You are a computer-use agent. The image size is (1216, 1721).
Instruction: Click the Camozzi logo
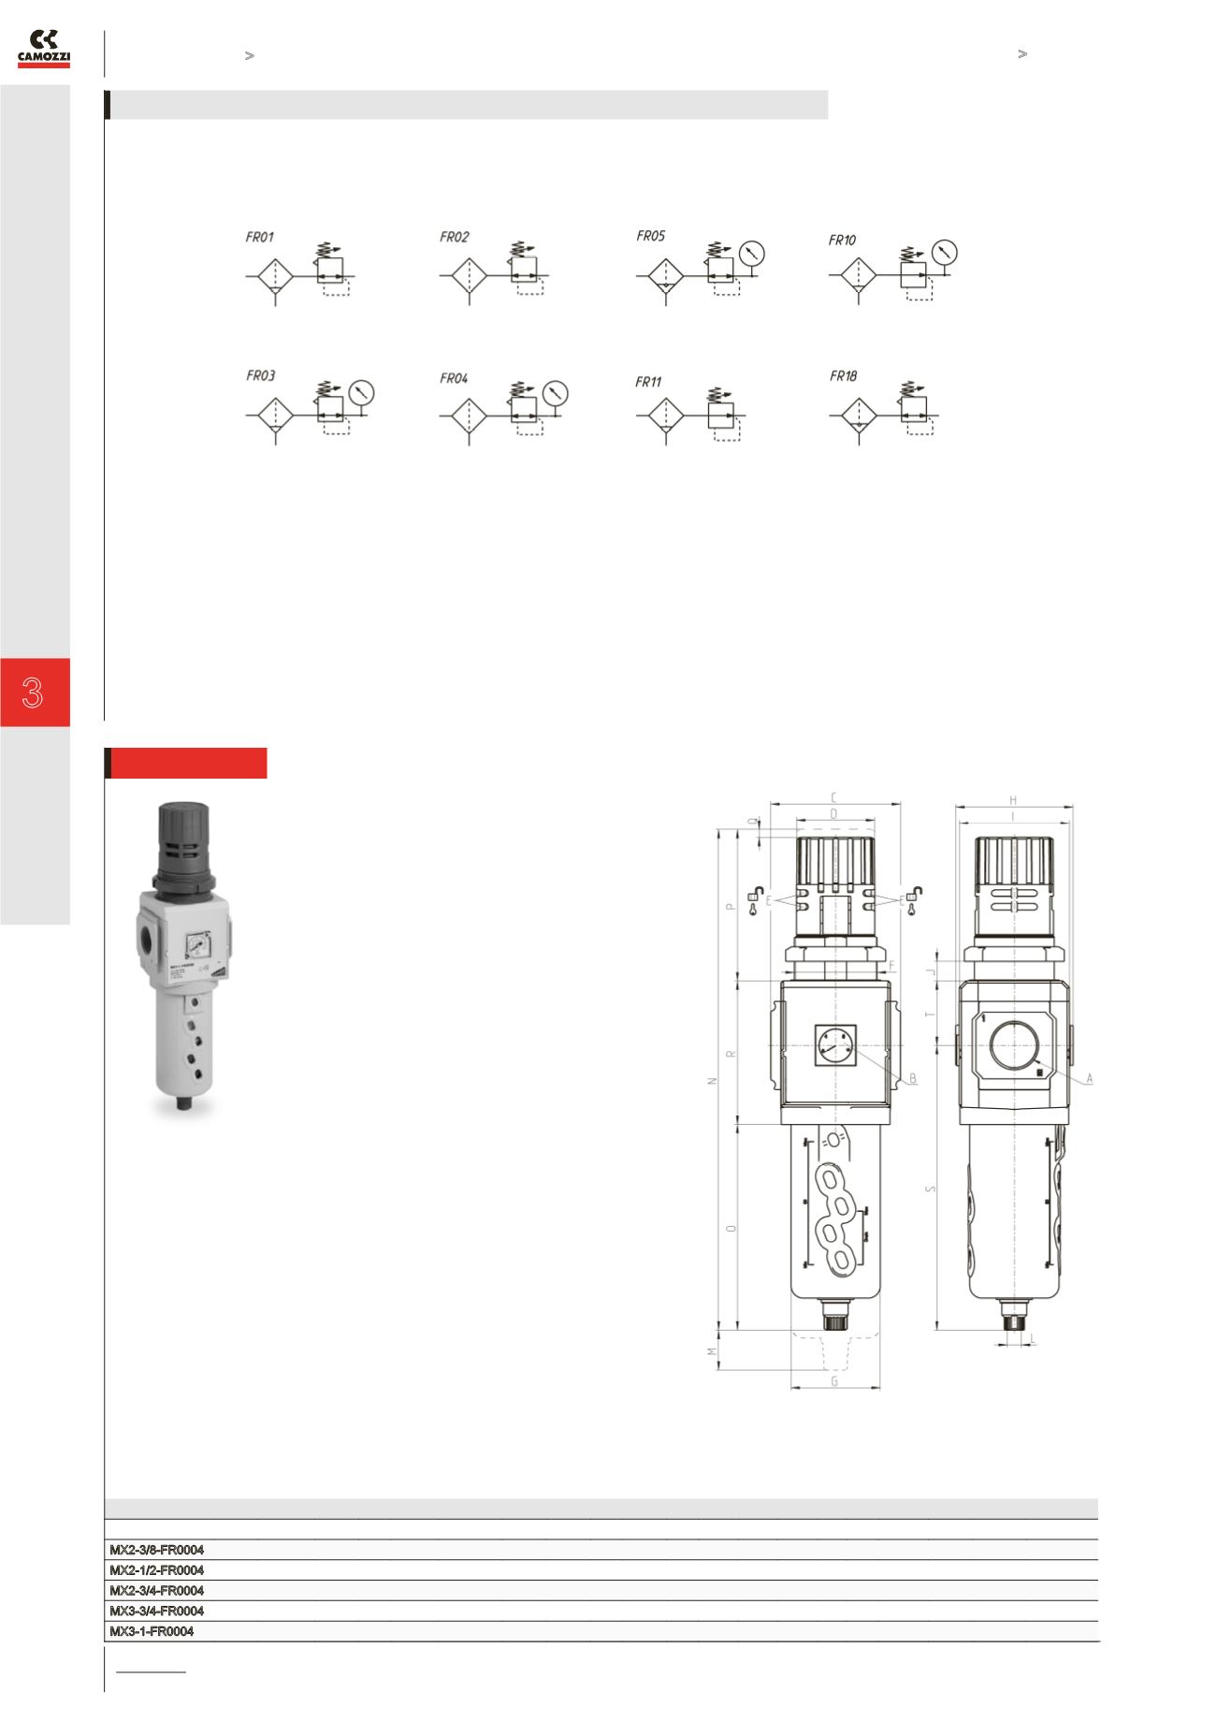pos(43,49)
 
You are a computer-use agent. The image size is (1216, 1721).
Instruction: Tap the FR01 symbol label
pos(260,238)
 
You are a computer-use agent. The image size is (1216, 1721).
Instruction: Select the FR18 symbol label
pos(843,376)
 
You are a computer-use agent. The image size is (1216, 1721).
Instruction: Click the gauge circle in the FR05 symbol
pos(752,253)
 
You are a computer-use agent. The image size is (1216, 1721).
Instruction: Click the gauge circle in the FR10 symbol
pos(946,252)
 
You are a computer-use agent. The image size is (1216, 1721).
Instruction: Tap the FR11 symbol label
pos(648,382)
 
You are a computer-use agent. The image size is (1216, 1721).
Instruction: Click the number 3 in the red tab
pos(34,693)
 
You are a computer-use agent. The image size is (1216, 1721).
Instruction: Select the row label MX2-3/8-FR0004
pos(157,1550)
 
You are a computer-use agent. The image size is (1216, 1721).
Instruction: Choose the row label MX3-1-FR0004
pos(152,1631)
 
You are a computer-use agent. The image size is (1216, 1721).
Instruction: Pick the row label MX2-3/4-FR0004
pos(157,1591)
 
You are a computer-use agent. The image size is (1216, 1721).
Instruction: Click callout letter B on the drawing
pos(914,1078)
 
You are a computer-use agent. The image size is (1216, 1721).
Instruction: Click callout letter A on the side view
pos(1090,1078)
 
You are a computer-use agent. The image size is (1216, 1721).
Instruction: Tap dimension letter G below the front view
pos(834,1381)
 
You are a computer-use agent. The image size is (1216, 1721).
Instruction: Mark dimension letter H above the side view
pos(1013,800)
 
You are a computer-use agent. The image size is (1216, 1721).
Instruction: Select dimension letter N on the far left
pos(713,1080)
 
